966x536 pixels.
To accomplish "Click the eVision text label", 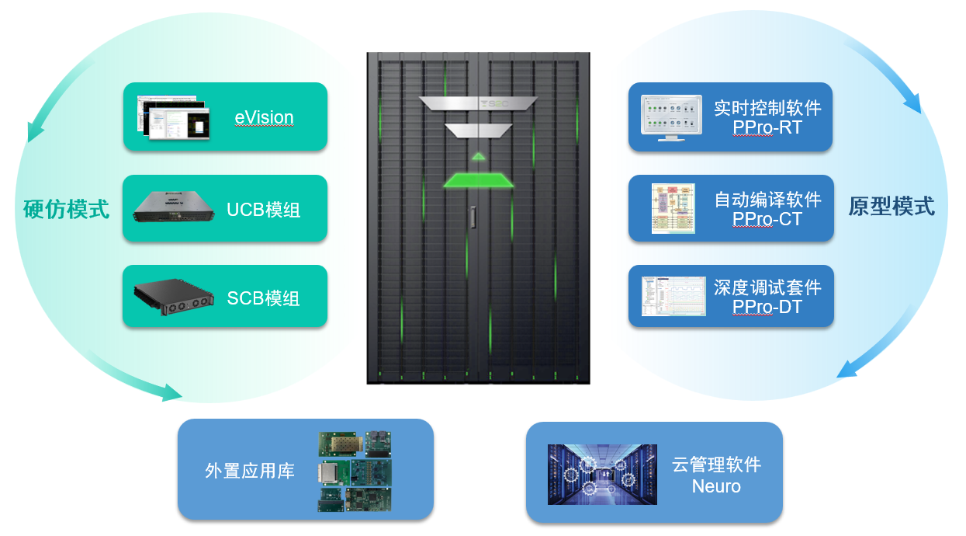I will [x=264, y=118].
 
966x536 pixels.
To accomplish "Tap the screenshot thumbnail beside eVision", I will [x=173, y=117].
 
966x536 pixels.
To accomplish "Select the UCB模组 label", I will [x=263, y=210].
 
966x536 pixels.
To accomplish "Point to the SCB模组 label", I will [x=263, y=298].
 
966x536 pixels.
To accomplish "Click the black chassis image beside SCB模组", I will [x=173, y=297].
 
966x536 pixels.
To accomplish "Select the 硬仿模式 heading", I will [x=62, y=209].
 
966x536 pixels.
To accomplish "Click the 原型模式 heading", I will [x=891, y=207].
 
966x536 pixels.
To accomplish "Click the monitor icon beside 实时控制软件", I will [x=671, y=117].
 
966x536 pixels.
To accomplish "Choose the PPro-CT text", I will [x=767, y=219].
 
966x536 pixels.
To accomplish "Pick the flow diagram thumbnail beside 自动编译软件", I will [x=672, y=208].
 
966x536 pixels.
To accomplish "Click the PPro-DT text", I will [x=767, y=307].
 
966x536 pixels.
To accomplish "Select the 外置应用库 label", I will [x=250, y=471].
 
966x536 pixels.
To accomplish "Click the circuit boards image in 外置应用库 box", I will [x=355, y=471].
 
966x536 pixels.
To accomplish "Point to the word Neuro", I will [x=715, y=486].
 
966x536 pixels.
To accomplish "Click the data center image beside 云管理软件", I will [x=602, y=474].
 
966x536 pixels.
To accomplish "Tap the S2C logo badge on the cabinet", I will [x=478, y=103].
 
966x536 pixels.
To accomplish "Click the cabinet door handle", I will [x=472, y=218].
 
